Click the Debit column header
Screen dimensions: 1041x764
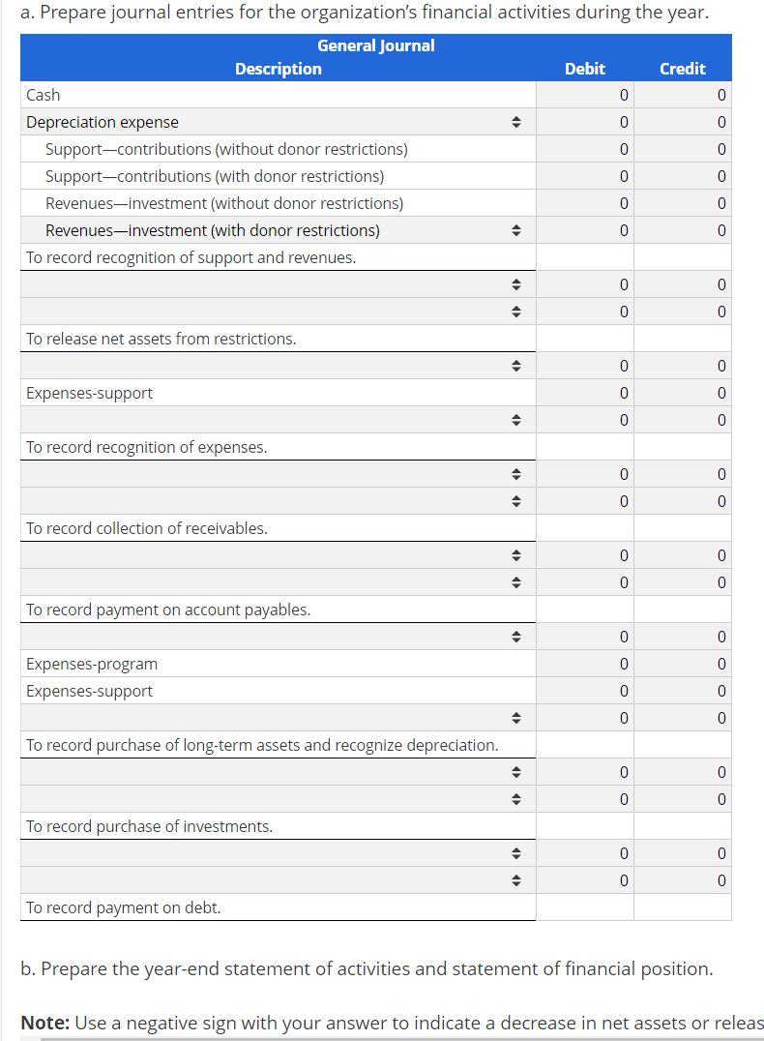tap(584, 69)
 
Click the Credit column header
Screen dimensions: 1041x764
tap(682, 69)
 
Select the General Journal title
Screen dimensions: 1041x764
tap(375, 45)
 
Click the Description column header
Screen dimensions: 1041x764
tap(278, 69)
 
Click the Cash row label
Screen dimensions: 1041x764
tap(44, 95)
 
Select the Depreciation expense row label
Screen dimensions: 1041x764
tap(103, 122)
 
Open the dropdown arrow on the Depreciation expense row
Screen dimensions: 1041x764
tap(516, 122)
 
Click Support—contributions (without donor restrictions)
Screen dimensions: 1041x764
tap(226, 149)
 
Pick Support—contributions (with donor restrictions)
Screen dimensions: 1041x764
tap(215, 176)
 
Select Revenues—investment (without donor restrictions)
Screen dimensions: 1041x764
tap(224, 203)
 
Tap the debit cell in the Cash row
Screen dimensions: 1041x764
tap(585, 95)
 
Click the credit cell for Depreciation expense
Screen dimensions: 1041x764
tap(683, 122)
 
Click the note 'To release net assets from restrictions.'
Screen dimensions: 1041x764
tap(162, 339)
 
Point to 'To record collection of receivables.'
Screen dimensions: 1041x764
tap(147, 528)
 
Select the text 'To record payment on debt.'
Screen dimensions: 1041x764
tap(124, 907)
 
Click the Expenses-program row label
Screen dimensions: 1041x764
tap(92, 664)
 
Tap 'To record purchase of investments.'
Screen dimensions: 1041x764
tap(150, 826)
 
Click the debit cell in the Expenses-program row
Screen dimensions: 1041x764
tap(585, 664)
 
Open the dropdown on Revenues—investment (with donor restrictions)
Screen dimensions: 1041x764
tap(516, 230)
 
